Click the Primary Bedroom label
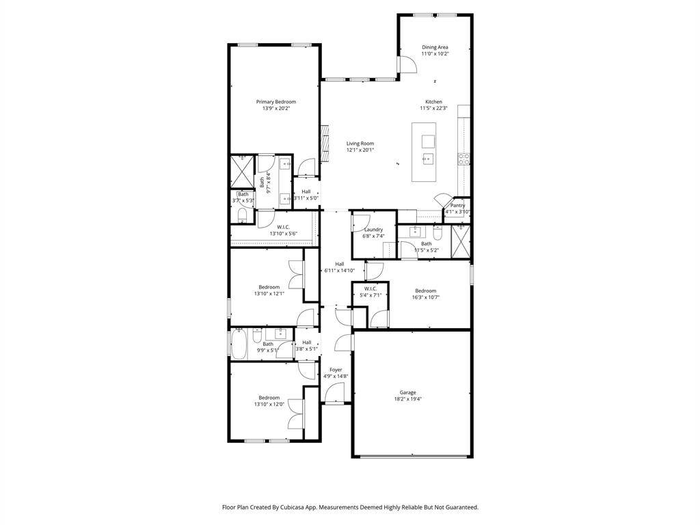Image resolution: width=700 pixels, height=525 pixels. click(x=275, y=102)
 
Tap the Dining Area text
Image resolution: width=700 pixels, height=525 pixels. click(x=435, y=47)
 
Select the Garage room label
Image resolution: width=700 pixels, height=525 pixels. click(x=408, y=392)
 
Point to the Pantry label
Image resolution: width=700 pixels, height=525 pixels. click(x=458, y=205)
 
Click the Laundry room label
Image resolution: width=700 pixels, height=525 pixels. click(x=373, y=230)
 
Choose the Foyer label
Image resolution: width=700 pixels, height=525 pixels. click(x=335, y=370)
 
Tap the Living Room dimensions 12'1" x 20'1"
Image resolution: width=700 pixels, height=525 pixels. click(x=360, y=150)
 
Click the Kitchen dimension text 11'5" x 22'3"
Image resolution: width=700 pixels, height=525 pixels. click(x=433, y=108)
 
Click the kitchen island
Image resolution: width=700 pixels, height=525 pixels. click(x=423, y=152)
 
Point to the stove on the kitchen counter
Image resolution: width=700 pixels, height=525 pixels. click(x=463, y=159)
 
